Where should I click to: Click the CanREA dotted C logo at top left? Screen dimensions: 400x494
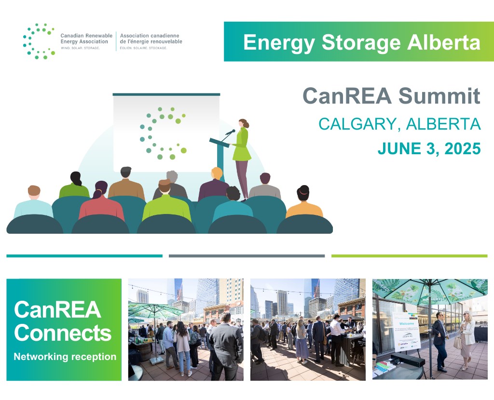38,41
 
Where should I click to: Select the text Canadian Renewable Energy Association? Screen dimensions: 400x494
86,39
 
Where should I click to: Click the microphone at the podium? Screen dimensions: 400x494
231,132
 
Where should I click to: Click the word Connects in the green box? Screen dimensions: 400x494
62,333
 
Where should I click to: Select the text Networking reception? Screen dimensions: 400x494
65,357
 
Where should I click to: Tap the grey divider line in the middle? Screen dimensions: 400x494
247,256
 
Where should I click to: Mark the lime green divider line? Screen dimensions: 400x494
409,256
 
